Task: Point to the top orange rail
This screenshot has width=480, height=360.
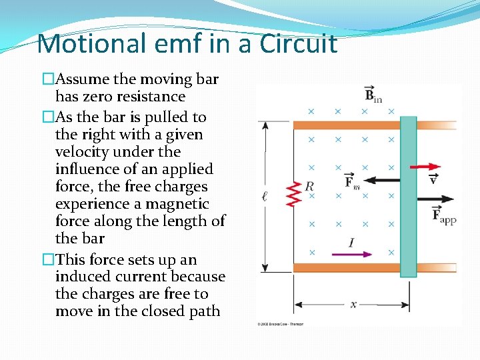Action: [347, 125]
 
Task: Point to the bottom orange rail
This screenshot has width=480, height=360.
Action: [347, 267]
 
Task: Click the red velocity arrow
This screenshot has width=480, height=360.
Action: [424, 166]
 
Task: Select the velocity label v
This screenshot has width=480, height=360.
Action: [434, 179]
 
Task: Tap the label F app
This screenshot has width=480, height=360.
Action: [443, 214]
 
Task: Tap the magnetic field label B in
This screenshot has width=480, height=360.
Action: [372, 95]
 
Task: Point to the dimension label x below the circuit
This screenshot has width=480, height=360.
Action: [353, 304]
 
